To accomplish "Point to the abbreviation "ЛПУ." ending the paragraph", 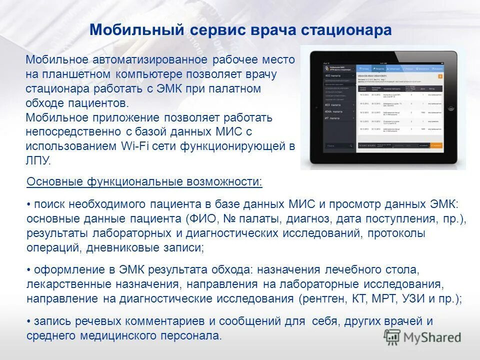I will [38, 160].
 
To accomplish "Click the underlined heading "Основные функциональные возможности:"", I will [144, 181].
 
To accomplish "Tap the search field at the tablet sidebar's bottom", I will [339, 145].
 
